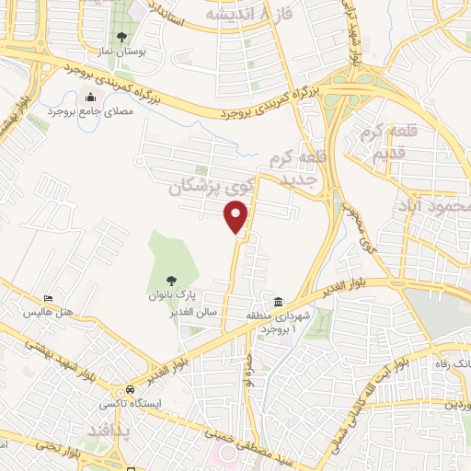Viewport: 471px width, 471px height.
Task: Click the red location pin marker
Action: (237, 216)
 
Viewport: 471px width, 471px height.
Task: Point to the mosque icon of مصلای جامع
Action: (90, 98)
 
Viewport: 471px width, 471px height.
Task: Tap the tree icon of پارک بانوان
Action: (171, 281)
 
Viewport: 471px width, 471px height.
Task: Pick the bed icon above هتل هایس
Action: (48, 299)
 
